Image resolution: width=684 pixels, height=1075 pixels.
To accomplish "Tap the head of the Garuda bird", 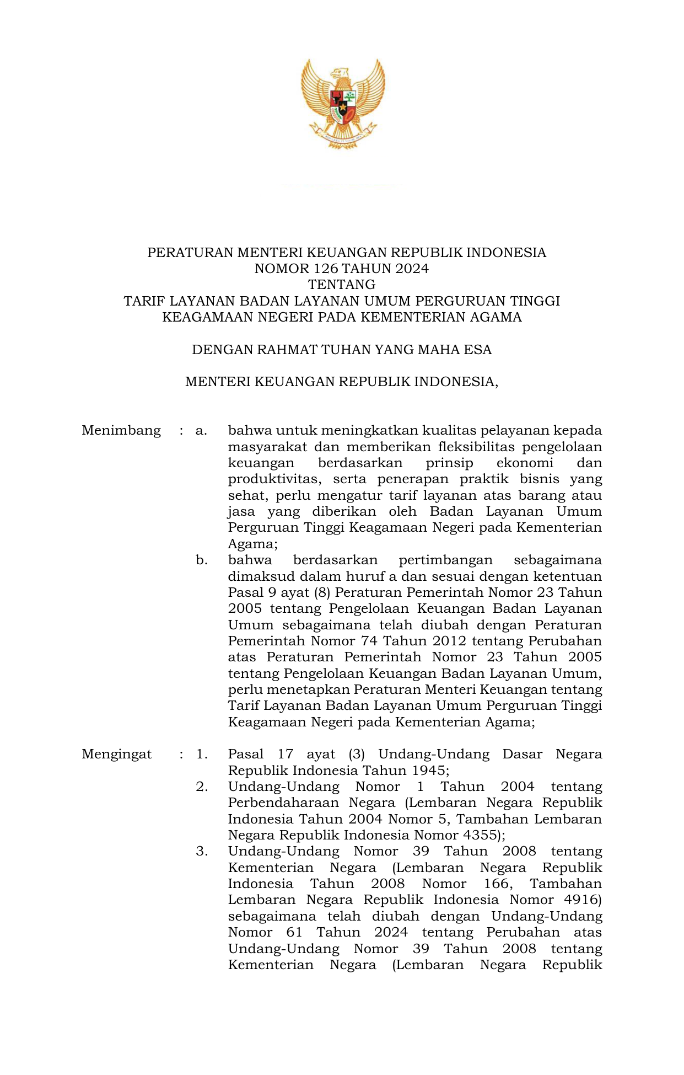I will click(x=341, y=73).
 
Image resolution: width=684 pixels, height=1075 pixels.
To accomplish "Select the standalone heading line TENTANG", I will click(x=342, y=285).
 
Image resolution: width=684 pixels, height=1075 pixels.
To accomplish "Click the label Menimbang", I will click(x=121, y=430).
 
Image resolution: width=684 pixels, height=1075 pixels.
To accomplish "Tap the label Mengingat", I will click(x=116, y=754).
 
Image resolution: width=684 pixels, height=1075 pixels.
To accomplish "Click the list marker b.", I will click(x=201, y=560).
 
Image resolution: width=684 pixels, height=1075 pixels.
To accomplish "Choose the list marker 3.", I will click(x=202, y=851).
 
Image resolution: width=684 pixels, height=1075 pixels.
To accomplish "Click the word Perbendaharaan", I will click(x=283, y=803).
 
